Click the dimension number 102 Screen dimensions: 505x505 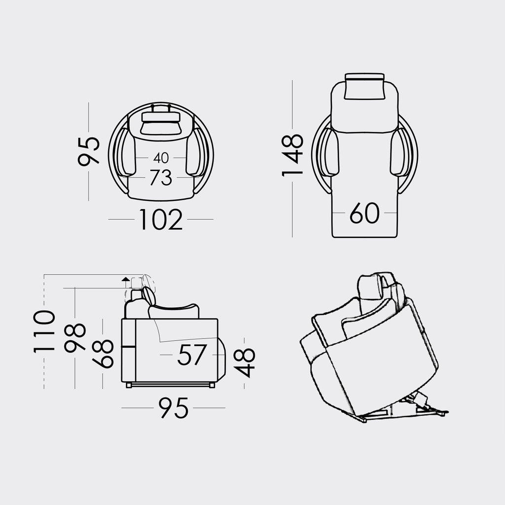(161, 219)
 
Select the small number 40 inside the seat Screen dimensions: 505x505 (161, 158)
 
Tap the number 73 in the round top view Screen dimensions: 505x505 (161, 178)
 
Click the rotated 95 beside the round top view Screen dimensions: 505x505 (89, 151)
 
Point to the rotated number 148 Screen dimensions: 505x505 (292, 154)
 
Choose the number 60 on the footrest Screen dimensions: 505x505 (364, 213)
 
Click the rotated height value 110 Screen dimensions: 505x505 (44, 331)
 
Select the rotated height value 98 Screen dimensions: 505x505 (75, 338)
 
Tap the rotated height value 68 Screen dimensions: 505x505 (103, 354)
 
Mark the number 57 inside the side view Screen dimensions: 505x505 (192, 355)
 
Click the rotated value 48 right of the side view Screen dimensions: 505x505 (245, 362)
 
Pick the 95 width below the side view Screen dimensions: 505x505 (174, 408)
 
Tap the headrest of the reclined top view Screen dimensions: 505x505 (364, 87)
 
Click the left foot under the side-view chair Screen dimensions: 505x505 (129, 385)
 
